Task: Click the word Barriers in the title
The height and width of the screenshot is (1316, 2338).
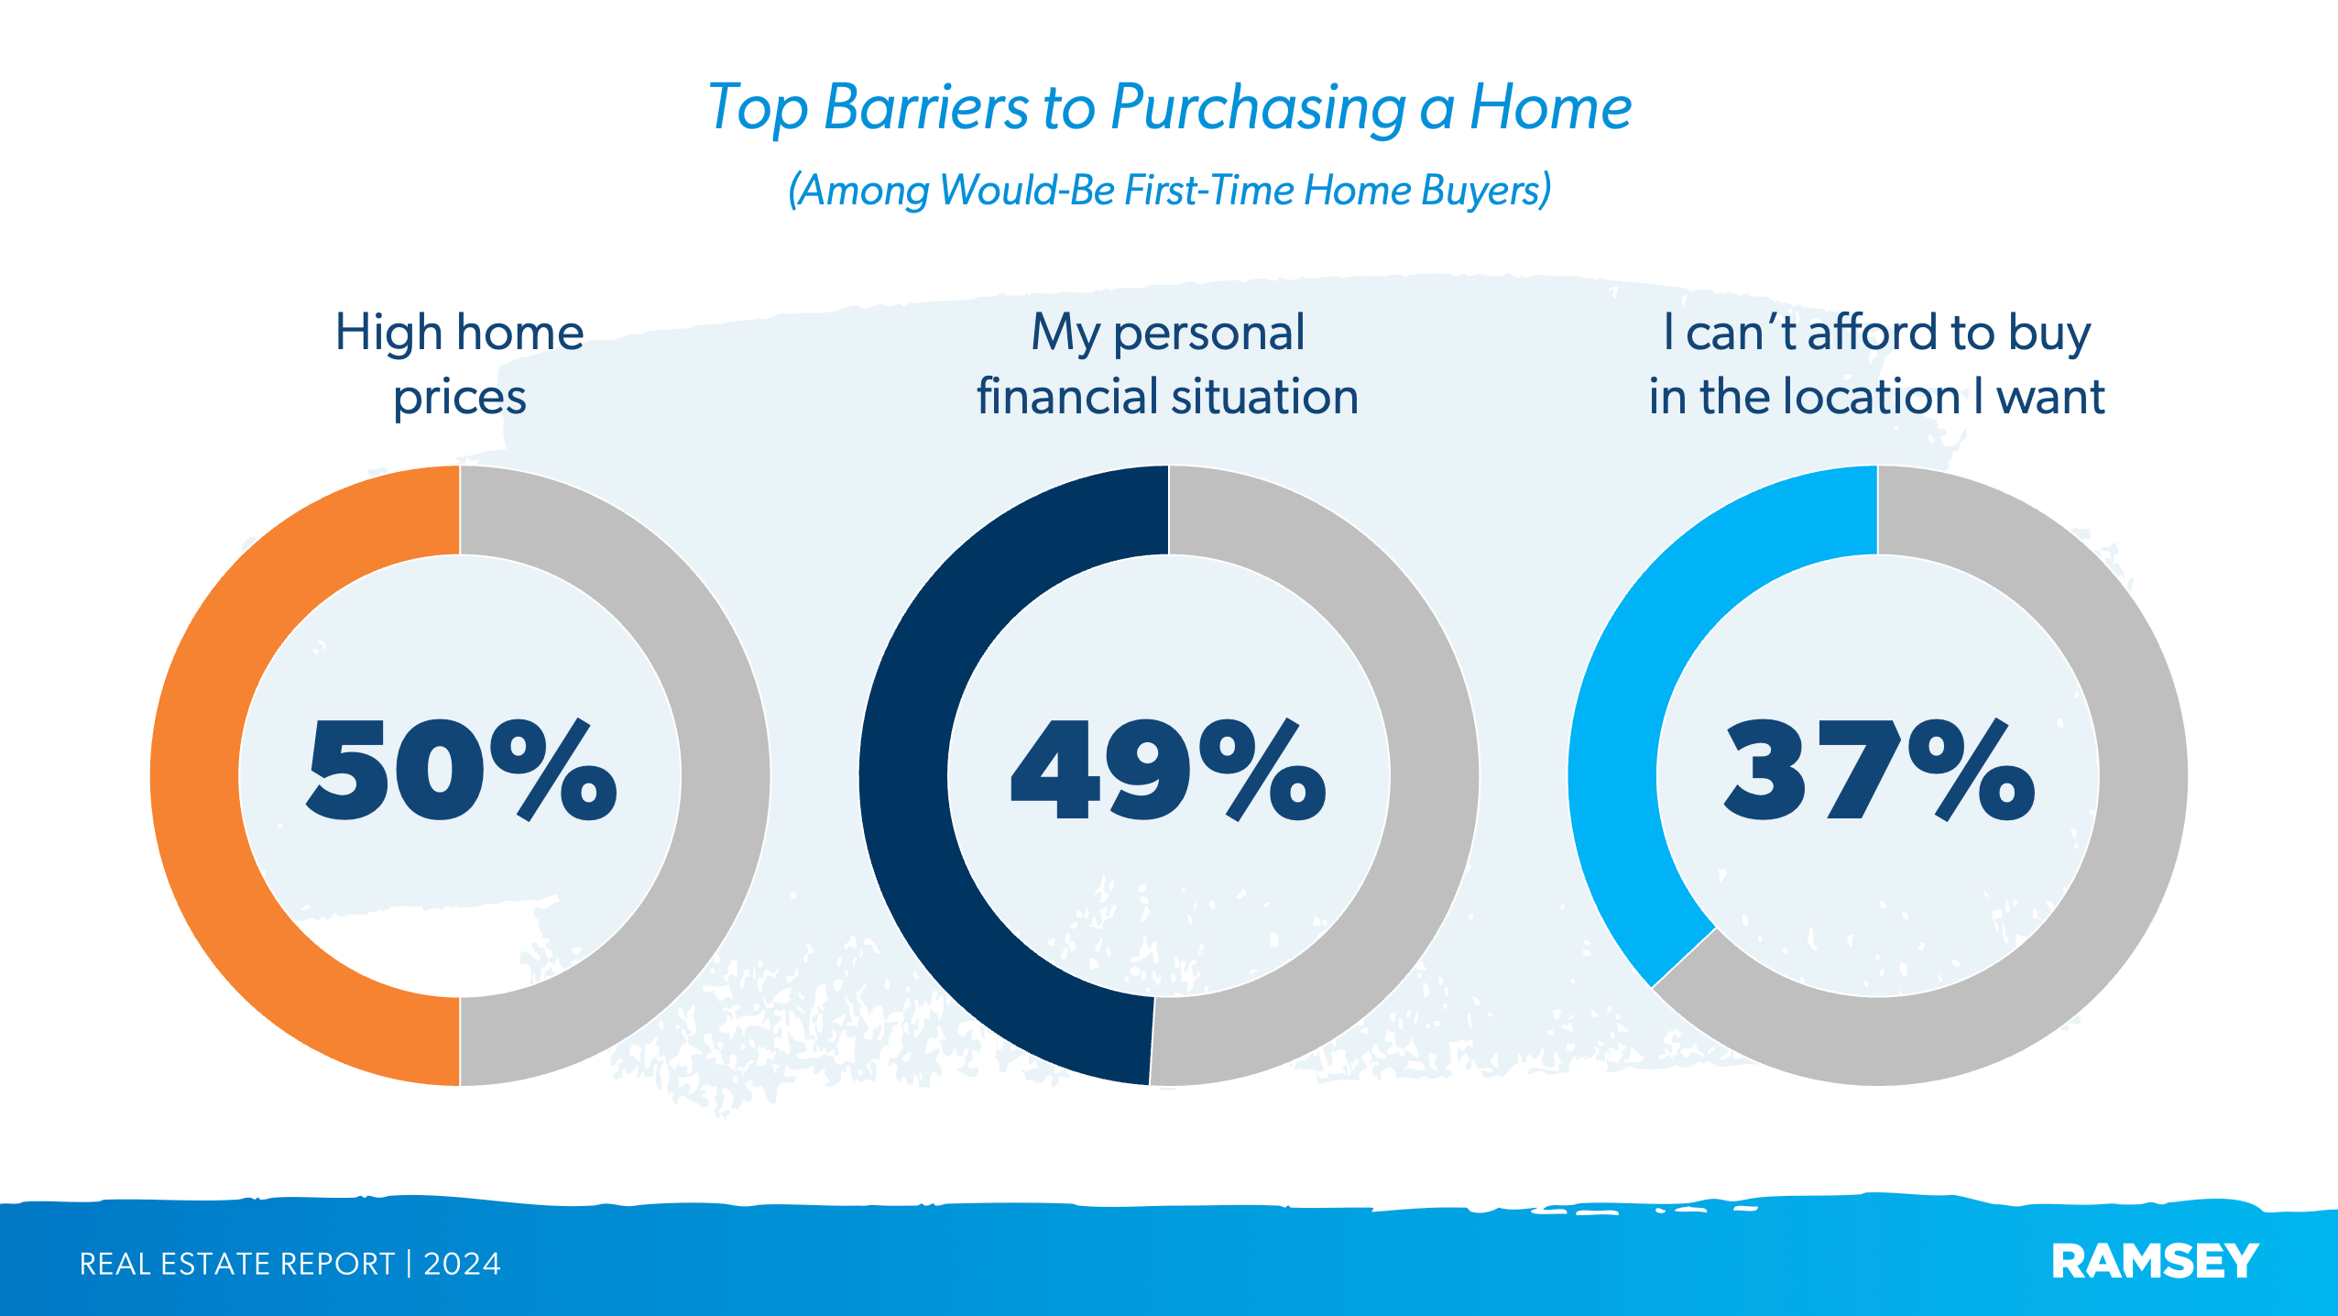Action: point(925,108)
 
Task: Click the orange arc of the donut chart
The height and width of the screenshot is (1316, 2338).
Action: point(195,775)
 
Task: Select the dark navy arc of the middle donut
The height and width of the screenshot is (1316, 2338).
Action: point(903,775)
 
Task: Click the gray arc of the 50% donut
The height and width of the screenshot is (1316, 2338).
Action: point(725,775)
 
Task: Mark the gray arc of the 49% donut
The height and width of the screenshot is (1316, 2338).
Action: point(1434,775)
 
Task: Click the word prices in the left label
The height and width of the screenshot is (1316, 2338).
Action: point(460,398)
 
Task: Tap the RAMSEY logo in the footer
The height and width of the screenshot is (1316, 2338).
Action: point(2155,1262)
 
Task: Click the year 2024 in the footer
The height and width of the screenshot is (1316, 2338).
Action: point(462,1264)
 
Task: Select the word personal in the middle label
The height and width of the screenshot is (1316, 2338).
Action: point(1208,334)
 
